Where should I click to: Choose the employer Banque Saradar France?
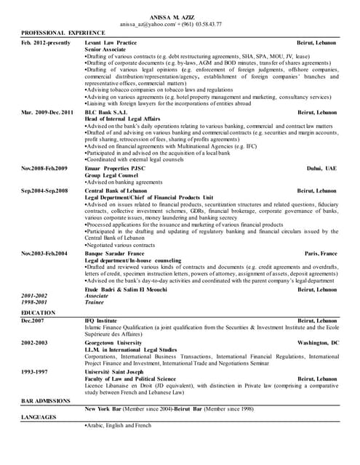[x=114, y=253]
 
